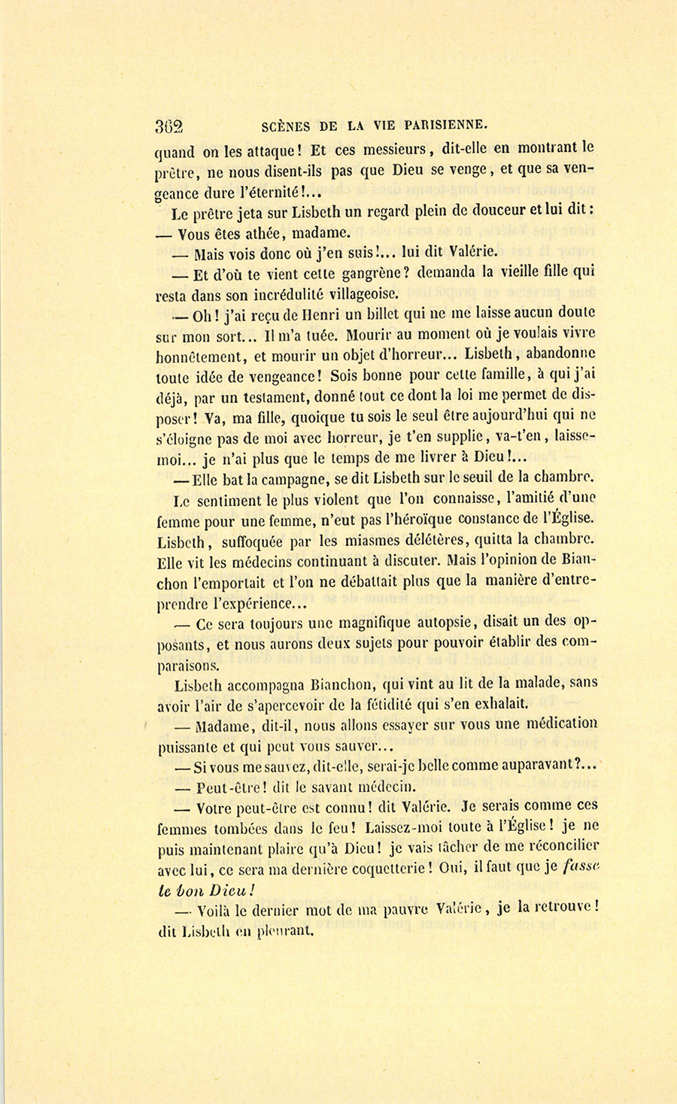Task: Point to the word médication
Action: point(558,725)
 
